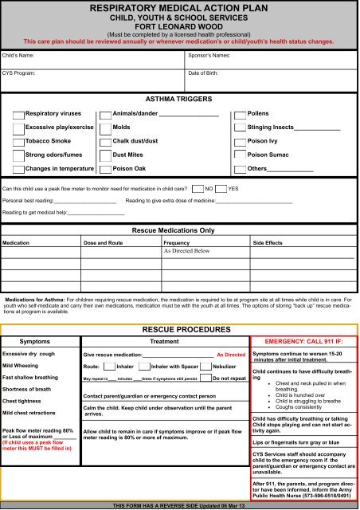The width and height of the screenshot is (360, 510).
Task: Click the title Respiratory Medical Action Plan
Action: [x=180, y=9]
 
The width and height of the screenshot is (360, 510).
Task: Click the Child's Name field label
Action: [x=20, y=57]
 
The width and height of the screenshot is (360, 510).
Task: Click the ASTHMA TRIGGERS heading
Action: [x=179, y=98]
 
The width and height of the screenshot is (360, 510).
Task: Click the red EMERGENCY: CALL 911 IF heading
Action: [x=303, y=339]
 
